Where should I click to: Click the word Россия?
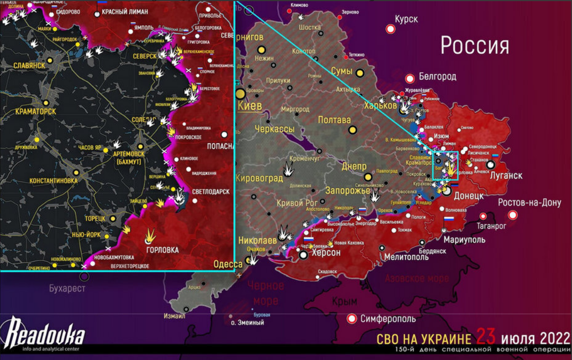coord(474,46)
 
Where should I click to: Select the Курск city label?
coord(406,19)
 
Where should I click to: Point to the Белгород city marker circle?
coord(409,78)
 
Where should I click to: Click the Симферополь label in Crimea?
coord(388,319)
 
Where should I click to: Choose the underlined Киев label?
coord(250,106)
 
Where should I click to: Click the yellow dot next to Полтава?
coord(352,130)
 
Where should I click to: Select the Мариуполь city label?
coord(464,240)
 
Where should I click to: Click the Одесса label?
coord(228,264)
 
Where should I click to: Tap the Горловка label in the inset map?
coord(162,250)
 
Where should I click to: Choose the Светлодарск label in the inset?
coord(211,192)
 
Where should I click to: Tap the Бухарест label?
coord(67,288)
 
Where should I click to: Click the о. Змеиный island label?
coord(247,322)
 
